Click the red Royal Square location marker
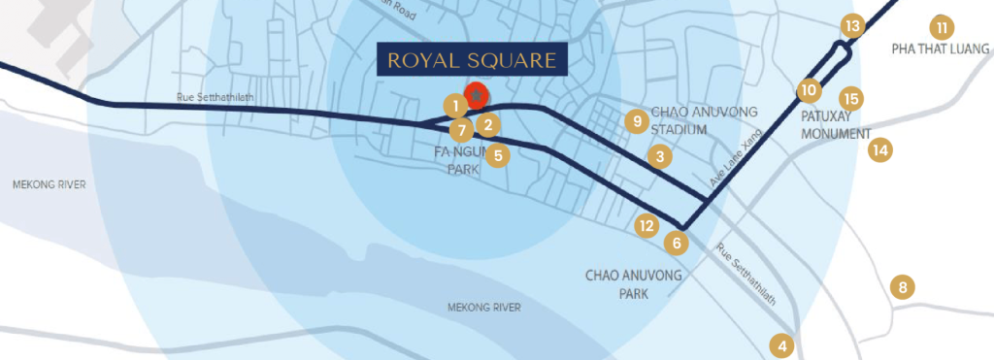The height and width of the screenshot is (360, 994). (476, 95)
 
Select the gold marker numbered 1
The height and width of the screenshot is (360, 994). (454, 105)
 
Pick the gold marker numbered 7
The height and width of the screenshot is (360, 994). (462, 129)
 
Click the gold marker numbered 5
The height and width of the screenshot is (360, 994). (497, 154)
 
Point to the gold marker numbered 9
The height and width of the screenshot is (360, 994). (636, 120)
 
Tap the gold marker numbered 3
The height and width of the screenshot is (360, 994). (659, 155)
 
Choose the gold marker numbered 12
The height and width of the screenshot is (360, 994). (646, 225)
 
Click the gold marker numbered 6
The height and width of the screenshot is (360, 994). (677, 242)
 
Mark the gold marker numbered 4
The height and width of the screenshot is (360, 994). (781, 344)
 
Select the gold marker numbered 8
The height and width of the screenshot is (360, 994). (903, 287)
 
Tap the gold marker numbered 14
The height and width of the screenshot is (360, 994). (879, 149)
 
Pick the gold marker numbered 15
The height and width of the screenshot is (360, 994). (850, 98)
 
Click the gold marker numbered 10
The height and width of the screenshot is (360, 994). (809, 90)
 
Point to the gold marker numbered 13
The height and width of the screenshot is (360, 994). (852, 26)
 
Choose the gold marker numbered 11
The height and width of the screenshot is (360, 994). (940, 26)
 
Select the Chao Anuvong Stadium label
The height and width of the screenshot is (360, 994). (692, 120)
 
